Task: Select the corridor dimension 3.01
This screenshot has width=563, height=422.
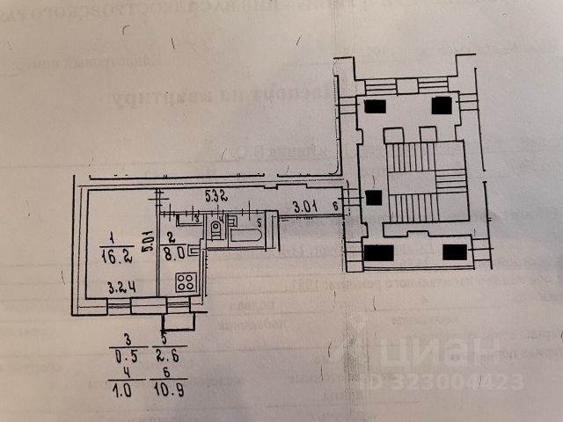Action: pos(304,207)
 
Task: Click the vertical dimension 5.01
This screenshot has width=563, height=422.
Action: pos(151,239)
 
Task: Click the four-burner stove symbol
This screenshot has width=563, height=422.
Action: pos(186,281)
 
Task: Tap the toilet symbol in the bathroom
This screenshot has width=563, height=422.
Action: pos(215,230)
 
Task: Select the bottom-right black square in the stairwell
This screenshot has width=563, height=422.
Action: pos(454,252)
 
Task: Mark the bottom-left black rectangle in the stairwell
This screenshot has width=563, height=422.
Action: pos(377,254)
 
